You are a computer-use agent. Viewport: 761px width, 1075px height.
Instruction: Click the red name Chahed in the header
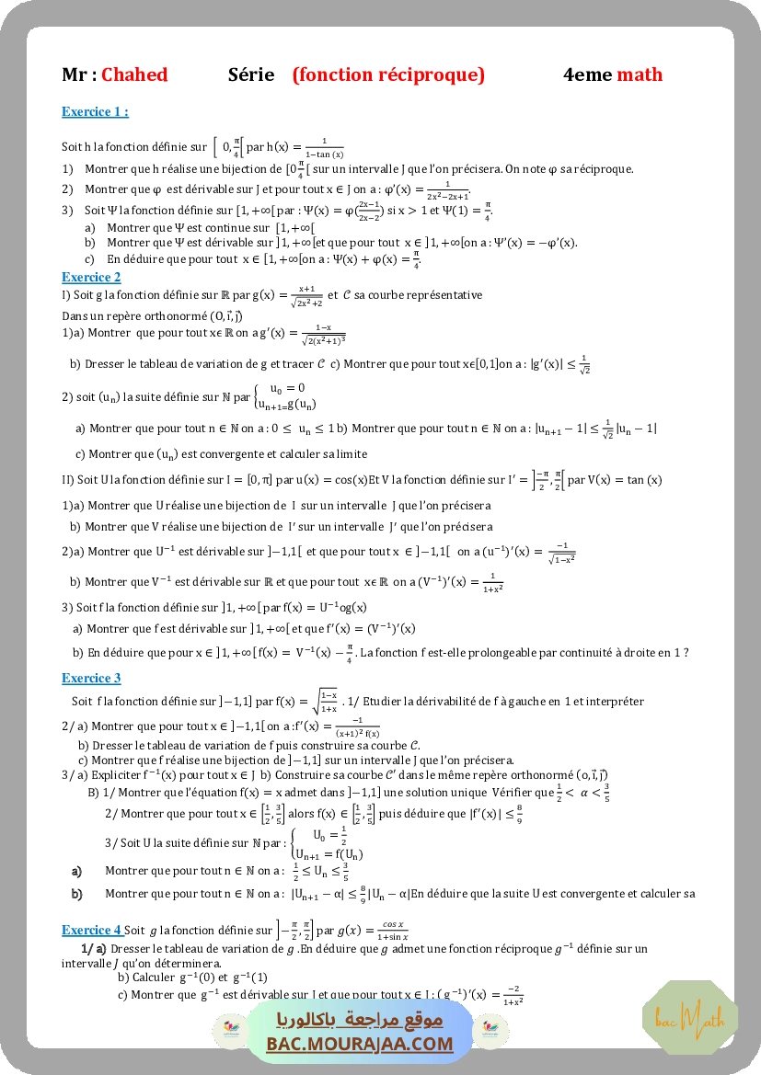134,75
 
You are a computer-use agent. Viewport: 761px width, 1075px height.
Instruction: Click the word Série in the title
251,75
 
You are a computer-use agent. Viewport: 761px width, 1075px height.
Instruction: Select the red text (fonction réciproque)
388,75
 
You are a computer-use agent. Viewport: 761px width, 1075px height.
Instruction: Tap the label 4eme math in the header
613,75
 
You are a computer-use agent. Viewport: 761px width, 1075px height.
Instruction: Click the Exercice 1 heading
95,112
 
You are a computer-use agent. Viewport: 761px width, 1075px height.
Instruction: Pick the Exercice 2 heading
91,277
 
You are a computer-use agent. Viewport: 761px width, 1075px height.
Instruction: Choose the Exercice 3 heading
91,679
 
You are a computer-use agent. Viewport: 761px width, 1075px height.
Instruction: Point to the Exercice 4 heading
91,930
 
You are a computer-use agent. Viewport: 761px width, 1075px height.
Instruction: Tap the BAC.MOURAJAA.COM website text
360,1044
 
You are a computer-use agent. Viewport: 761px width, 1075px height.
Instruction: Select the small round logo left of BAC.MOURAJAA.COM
226,1030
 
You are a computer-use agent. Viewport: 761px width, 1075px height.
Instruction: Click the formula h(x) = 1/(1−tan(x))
304,147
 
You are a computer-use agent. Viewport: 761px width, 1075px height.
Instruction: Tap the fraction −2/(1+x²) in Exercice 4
505,995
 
